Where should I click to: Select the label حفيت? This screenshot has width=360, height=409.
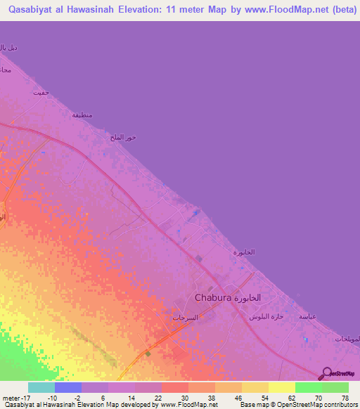pos(44,92)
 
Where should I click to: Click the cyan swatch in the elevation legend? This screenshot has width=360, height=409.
pos(41,387)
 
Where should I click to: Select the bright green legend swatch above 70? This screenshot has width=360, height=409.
pos(309,387)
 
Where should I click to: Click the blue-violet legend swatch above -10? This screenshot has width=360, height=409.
pos(68,387)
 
